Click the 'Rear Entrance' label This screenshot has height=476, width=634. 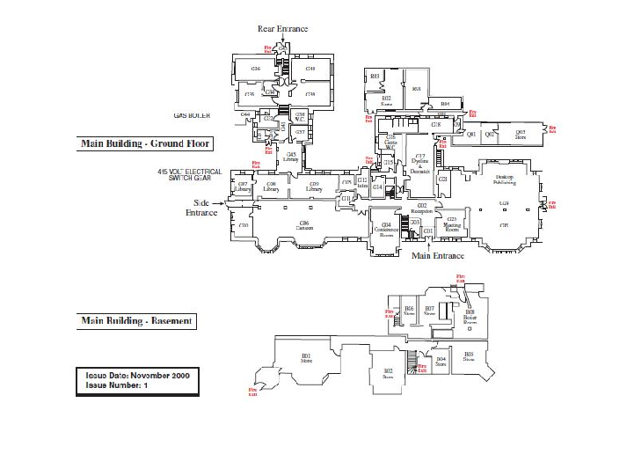click(x=282, y=29)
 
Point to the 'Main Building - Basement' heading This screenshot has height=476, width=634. click(x=136, y=321)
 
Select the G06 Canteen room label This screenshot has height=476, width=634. click(x=304, y=225)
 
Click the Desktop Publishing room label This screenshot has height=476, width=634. click(x=504, y=179)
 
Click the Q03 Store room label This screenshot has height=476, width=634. click(x=520, y=135)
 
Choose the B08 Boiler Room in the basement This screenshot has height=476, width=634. click(x=470, y=317)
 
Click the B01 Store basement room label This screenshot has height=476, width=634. click(x=307, y=357)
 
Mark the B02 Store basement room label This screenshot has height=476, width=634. click(x=388, y=373)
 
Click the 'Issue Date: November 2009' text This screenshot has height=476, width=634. click(x=137, y=375)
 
